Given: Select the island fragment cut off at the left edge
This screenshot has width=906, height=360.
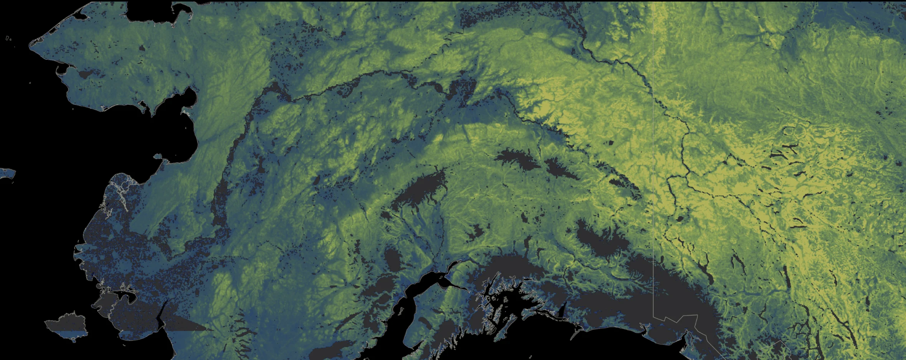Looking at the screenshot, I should tap(7, 173).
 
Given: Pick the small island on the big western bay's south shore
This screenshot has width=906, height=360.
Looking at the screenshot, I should tap(158, 157).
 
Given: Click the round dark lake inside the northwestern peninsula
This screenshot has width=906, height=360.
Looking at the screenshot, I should tap(142, 48).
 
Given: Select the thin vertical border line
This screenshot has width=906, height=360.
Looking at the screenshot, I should tap(653, 154).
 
